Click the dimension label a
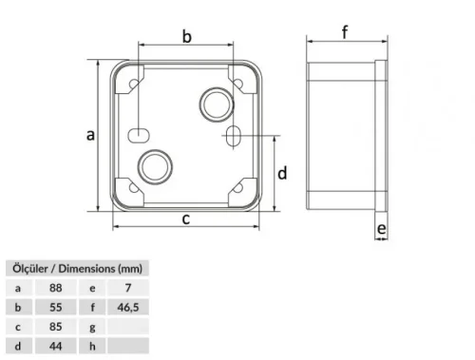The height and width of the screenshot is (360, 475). [x=90, y=135]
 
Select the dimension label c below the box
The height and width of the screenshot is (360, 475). [x=187, y=219]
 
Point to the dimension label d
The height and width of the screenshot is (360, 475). [x=282, y=174]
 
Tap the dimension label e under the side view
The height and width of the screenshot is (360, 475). [x=380, y=230]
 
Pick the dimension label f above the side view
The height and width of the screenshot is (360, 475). [x=345, y=31]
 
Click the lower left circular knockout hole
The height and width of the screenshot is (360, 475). [x=152, y=166]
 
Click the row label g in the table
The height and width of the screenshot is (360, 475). [x=91, y=327]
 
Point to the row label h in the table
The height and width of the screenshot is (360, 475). [x=91, y=347]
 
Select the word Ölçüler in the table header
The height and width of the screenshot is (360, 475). [x=28, y=268]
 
